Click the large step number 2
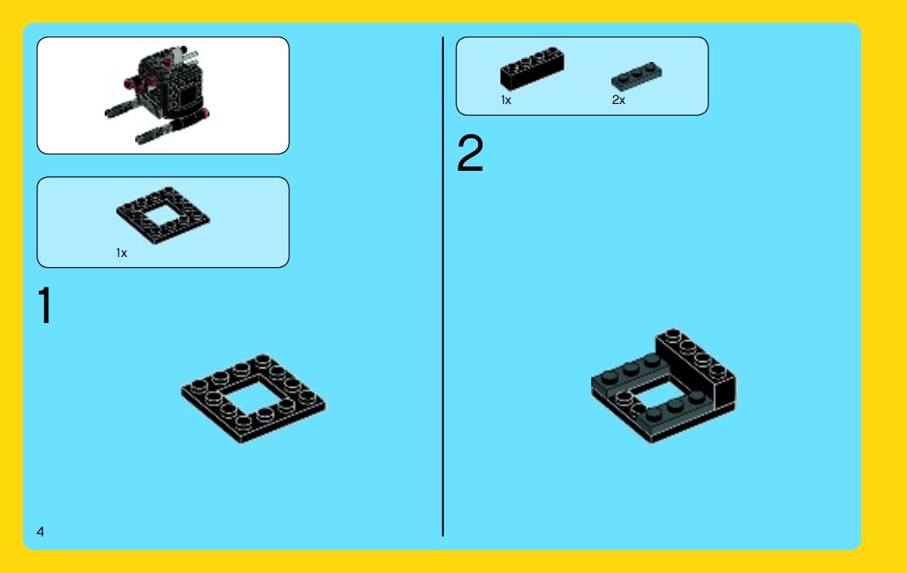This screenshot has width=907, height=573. coord(469,153)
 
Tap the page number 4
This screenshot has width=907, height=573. coord(40,532)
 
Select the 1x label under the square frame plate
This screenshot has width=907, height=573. coord(122,253)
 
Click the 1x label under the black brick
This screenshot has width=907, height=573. coord(506,100)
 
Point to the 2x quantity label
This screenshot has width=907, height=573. coord(618,100)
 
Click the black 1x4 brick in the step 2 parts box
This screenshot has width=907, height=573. coord(531,68)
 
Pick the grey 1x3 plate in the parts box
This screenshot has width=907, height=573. coord(636,76)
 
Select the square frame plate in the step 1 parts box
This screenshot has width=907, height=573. coord(163,215)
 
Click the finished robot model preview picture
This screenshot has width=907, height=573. coord(158,95)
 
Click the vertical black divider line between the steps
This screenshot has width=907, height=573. coord(443,286)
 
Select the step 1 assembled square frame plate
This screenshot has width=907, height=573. coord(253,399)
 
